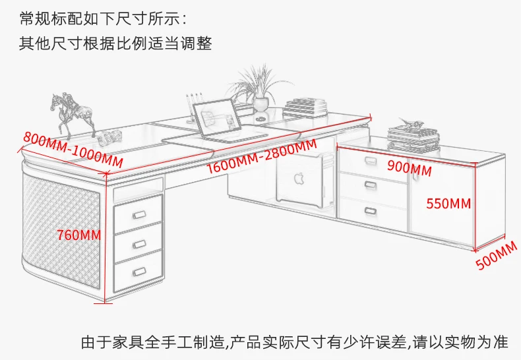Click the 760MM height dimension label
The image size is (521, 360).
(78, 234)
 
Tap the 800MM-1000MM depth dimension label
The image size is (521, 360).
(73, 149)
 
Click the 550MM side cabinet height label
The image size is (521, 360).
(448, 203)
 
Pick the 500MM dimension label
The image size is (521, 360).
(497, 256)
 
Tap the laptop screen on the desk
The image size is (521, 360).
(220, 119)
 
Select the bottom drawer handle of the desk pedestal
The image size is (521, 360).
(139, 270)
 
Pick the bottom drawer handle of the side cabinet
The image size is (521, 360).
(370, 211)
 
